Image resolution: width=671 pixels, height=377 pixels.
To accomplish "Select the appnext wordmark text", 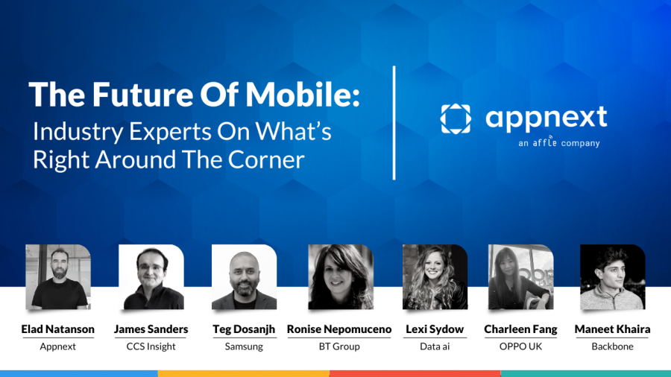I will click(x=546, y=117).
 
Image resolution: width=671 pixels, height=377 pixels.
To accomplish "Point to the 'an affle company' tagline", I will click(x=558, y=142).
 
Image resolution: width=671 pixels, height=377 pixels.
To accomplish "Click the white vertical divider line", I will click(x=394, y=123).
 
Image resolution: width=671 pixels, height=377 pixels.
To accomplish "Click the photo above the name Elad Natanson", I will click(x=58, y=276).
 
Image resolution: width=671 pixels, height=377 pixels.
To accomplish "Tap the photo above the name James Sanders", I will click(x=151, y=276).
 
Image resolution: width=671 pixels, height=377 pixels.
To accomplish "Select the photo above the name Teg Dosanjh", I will click(x=244, y=276).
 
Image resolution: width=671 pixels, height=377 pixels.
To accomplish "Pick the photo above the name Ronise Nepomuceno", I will click(x=340, y=276).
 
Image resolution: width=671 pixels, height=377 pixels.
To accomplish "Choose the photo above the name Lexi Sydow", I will click(x=435, y=276).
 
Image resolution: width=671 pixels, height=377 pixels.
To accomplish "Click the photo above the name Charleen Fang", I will click(x=520, y=276).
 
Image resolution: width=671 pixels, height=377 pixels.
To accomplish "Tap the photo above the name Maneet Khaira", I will click(x=612, y=276).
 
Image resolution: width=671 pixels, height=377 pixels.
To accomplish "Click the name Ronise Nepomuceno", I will click(x=339, y=329).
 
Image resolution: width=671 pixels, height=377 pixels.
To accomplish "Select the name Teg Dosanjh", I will click(x=244, y=329).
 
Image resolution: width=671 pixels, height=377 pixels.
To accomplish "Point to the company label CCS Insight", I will click(x=151, y=346).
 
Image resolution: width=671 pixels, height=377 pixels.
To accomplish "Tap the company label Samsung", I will click(x=244, y=346).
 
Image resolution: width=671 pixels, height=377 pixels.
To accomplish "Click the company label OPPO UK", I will click(x=520, y=346).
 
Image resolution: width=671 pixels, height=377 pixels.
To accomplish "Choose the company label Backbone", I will click(x=612, y=346).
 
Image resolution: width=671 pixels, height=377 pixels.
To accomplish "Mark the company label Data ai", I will click(x=435, y=346).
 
